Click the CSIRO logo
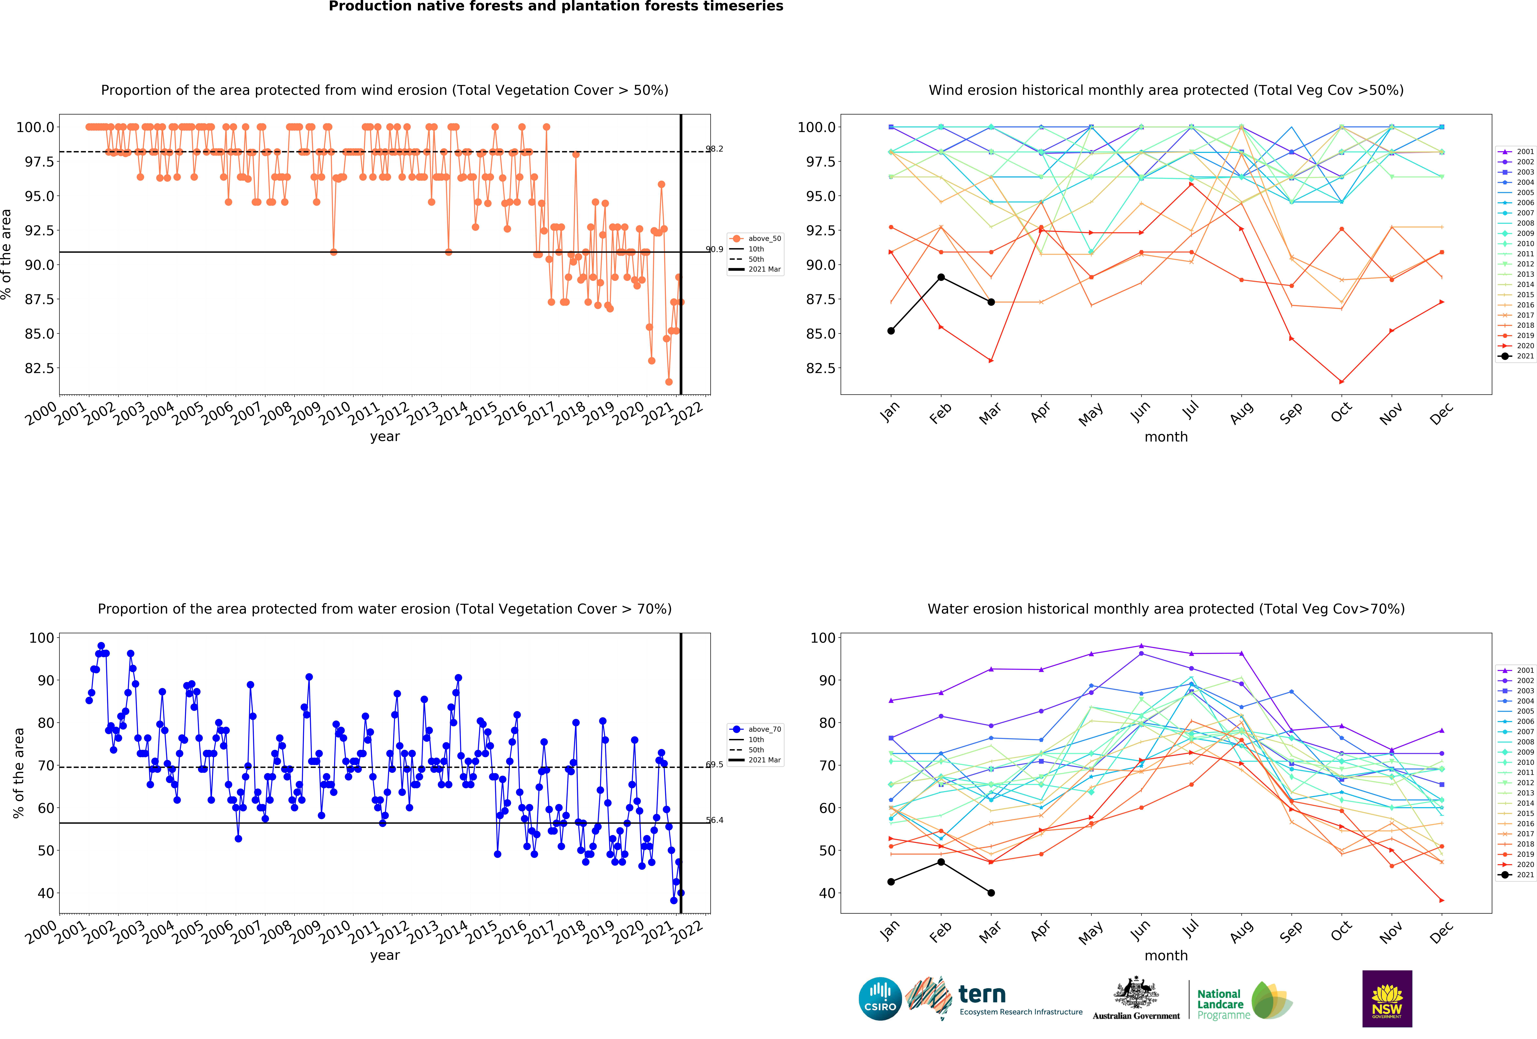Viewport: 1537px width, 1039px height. pyautogui.click(x=880, y=999)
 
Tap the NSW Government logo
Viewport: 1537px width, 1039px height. pyautogui.click(x=1387, y=999)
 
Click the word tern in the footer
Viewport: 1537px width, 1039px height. pyautogui.click(x=982, y=994)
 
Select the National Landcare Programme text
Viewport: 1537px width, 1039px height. pyautogui.click(x=1224, y=1004)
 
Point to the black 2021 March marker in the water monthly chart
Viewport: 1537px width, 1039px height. pyautogui.click(x=991, y=893)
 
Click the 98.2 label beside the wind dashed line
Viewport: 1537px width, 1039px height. pyautogui.click(x=714, y=149)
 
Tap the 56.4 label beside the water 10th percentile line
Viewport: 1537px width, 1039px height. pyautogui.click(x=714, y=820)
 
